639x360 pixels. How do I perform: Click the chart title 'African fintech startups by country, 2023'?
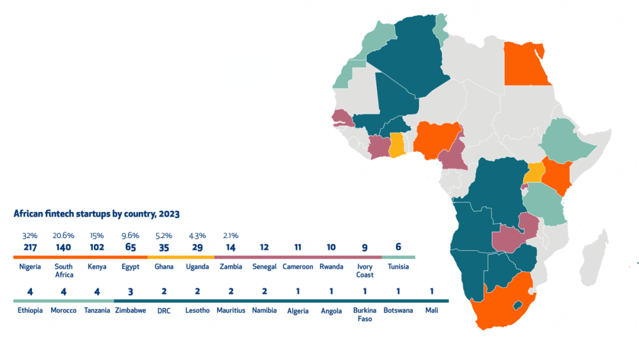click(x=96, y=214)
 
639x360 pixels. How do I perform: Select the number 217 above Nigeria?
click(x=30, y=247)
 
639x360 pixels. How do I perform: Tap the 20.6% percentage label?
click(x=63, y=236)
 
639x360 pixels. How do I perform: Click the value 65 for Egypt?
click(x=131, y=247)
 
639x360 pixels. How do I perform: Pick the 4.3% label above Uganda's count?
click(x=197, y=236)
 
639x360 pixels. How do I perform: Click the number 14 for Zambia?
click(x=231, y=247)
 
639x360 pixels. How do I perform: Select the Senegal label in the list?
click(x=264, y=266)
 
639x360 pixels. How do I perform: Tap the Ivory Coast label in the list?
click(x=365, y=271)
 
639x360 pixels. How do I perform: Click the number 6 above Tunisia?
click(x=398, y=247)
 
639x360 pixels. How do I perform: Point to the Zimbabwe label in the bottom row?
click(x=131, y=310)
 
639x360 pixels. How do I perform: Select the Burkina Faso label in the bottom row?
click(x=364, y=314)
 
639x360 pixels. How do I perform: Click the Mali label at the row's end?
click(x=432, y=310)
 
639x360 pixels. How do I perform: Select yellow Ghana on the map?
click(x=396, y=145)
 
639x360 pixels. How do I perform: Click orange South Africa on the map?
click(x=503, y=308)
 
